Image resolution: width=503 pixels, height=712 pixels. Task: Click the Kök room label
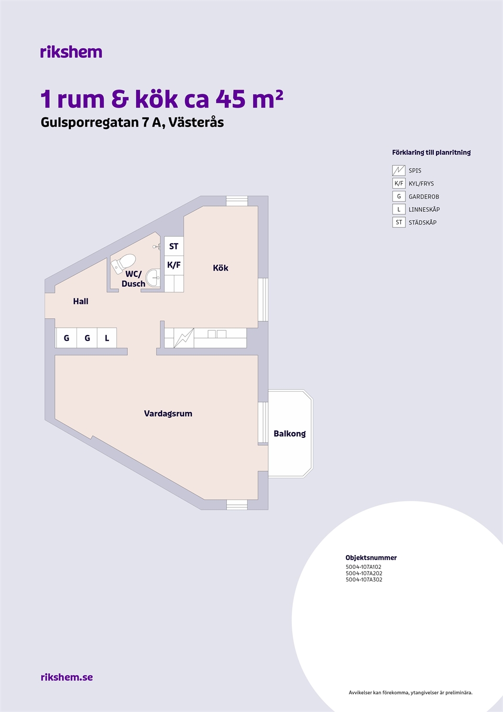click(221, 268)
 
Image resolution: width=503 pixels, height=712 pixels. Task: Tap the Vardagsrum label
click(168, 414)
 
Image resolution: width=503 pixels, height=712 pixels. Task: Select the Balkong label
click(290, 434)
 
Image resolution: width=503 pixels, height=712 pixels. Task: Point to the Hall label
click(81, 301)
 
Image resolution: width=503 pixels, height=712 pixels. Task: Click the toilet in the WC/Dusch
click(123, 263)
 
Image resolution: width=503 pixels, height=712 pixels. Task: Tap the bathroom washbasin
click(154, 277)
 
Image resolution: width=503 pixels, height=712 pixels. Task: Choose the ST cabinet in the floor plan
click(174, 246)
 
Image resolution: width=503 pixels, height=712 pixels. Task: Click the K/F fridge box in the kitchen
click(174, 265)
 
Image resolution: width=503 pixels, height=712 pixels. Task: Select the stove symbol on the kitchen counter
click(184, 338)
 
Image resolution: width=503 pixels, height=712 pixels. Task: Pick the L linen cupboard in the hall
click(107, 338)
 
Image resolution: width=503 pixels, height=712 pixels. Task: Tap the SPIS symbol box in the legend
click(399, 170)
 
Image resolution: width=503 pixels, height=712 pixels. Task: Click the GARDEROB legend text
click(423, 197)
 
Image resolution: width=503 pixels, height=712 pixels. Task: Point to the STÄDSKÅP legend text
click(422, 222)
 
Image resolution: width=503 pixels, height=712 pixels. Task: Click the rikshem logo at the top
click(71, 52)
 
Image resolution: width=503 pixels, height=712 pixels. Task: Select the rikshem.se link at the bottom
click(67, 677)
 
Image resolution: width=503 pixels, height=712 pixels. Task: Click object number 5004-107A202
click(364, 574)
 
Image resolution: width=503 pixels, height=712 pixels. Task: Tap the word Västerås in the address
click(196, 122)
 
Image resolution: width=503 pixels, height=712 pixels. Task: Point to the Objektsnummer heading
click(371, 558)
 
